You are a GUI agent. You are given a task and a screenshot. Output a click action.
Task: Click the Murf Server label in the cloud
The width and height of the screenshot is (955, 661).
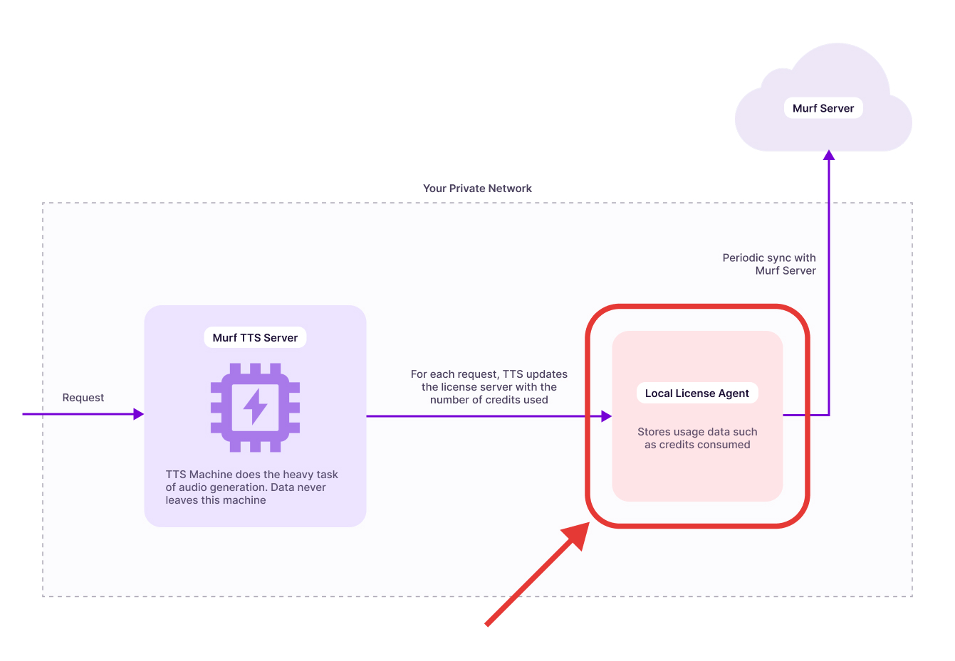[823, 108]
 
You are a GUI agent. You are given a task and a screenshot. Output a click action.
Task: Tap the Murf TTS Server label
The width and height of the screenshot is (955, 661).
[255, 337]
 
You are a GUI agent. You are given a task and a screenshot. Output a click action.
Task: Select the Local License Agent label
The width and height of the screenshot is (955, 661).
[696, 393]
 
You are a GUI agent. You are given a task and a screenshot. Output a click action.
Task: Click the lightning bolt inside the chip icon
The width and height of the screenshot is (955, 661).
[255, 407]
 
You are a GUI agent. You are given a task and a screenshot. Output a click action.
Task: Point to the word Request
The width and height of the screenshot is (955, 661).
[83, 398]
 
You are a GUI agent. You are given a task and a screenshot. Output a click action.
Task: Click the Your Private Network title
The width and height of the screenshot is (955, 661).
[477, 189]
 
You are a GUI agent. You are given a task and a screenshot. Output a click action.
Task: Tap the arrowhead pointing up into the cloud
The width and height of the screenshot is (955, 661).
[829, 155]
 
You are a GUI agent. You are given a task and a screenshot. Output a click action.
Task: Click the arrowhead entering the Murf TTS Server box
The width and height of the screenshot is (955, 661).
[139, 414]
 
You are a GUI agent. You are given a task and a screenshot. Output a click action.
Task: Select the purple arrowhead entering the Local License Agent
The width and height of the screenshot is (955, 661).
[606, 416]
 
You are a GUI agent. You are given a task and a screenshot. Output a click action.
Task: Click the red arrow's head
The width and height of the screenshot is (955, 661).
[578, 534]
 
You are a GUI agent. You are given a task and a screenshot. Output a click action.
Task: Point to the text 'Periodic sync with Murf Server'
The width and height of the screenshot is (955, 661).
[769, 264]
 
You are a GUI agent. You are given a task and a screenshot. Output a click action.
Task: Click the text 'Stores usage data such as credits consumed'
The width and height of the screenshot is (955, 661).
[697, 438]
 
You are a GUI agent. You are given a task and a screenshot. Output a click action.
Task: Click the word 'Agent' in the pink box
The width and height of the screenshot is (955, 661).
[734, 393]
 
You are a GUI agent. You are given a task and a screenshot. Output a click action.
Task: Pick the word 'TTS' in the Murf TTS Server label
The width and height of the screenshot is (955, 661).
[250, 337]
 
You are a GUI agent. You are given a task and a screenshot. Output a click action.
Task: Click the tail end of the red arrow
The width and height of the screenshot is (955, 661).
[488, 624]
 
